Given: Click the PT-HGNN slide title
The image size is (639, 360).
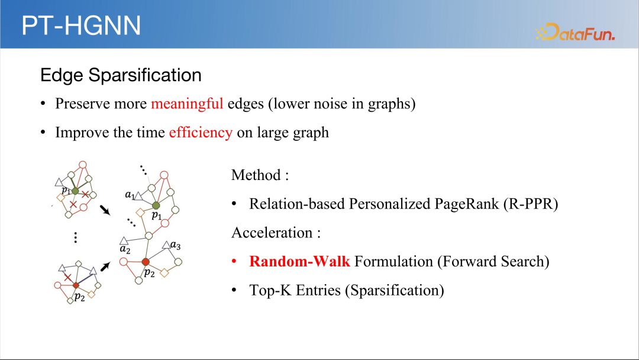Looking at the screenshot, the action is click(81, 25).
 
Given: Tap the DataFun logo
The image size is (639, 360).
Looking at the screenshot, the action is click(575, 32).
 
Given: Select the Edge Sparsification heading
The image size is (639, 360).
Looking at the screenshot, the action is click(121, 75).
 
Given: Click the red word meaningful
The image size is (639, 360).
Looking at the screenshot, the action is click(187, 104).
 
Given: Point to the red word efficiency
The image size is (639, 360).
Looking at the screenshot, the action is click(201, 133).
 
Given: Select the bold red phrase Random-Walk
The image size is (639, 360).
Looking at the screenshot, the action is click(299, 261).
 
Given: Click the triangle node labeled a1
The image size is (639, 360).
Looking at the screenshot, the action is click(138, 197).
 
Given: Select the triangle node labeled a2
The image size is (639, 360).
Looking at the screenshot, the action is click(124, 241).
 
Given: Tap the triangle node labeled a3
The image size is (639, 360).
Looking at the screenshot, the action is click(166, 245).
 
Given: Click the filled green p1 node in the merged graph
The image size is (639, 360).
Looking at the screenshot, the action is click(156, 205).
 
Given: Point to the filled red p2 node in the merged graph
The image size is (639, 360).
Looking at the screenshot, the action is click(146, 262).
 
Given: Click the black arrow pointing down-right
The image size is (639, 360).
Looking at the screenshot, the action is click(105, 210).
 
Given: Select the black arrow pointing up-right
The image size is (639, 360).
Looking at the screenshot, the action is click(105, 266).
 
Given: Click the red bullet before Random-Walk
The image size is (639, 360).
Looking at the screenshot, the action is click(234, 261).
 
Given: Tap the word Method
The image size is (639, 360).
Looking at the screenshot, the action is click(256, 175).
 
